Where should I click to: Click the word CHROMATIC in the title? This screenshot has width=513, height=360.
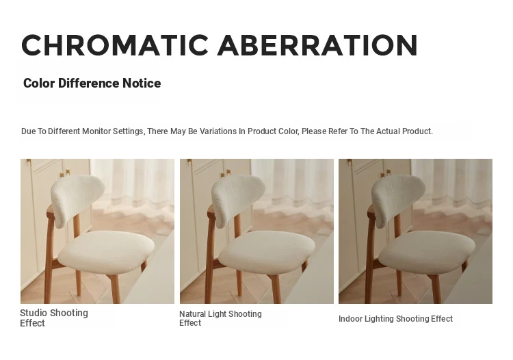tap(115, 45)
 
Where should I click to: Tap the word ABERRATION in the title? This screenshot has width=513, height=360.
tap(317, 45)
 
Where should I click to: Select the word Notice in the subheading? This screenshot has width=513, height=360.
tap(142, 83)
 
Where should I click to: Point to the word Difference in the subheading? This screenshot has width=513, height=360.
tap(89, 83)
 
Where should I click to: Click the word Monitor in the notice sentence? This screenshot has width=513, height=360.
tap(96, 131)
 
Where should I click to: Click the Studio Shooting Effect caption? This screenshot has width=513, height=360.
tap(54, 318)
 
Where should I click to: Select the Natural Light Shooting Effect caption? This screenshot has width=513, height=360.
tap(220, 318)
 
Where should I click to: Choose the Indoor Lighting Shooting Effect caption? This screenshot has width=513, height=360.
tap(395, 319)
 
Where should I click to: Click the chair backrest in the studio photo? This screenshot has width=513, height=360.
tap(77, 199)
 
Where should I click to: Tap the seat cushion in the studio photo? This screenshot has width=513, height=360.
tap(106, 252)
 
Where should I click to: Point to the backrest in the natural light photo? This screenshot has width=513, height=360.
tap(238, 199)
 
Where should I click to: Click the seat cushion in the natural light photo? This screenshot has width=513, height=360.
tap(267, 252)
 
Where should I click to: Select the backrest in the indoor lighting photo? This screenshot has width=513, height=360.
tap(398, 199)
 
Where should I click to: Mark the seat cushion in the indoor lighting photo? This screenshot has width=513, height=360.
tap(427, 252)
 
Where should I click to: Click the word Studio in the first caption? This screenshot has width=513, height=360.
tap(34, 313)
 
